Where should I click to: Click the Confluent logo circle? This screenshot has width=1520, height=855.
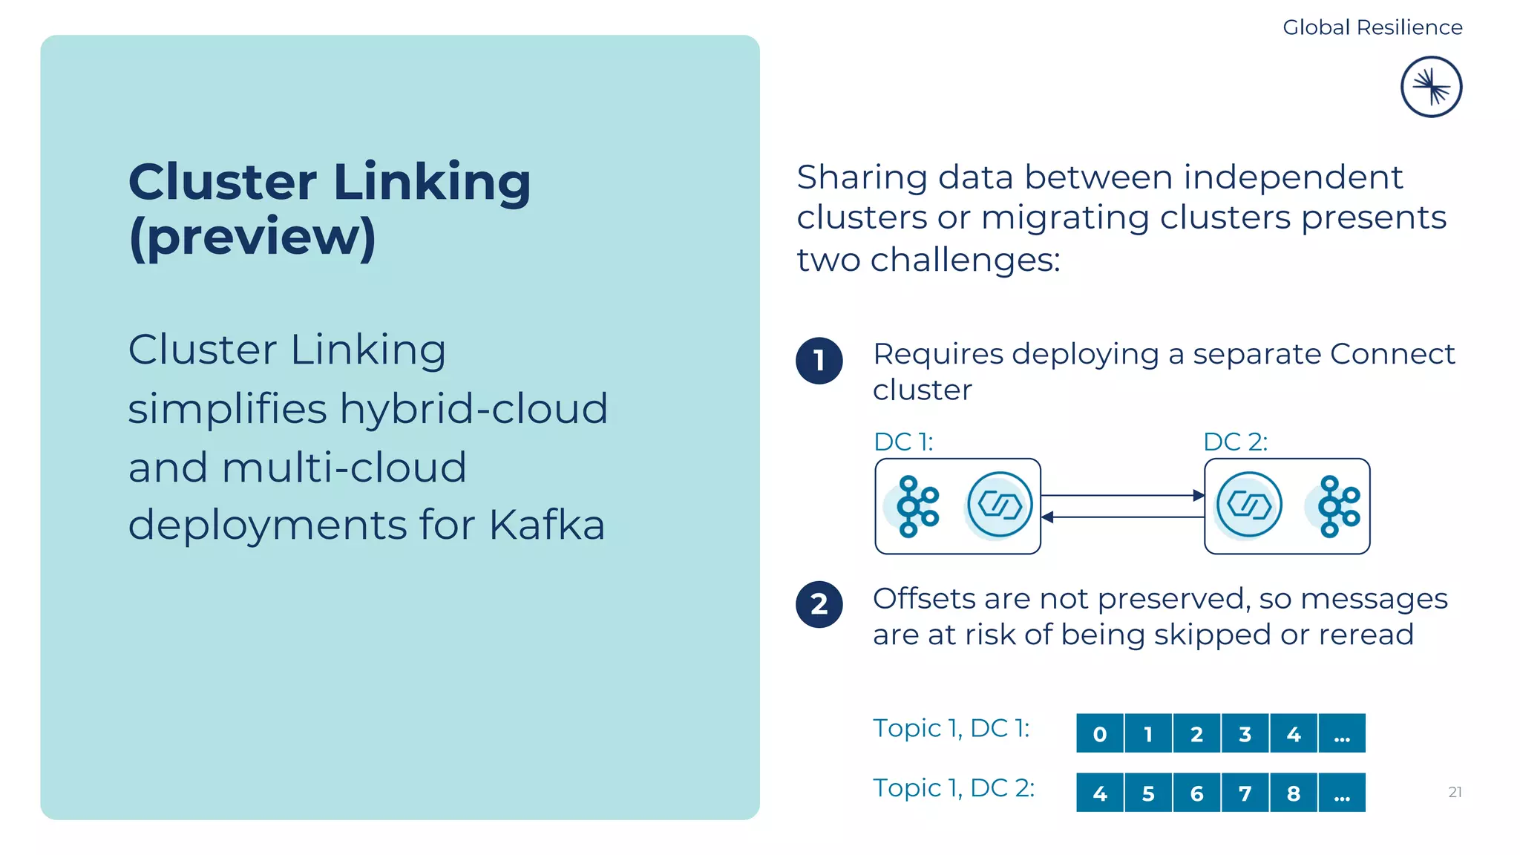click(x=1431, y=87)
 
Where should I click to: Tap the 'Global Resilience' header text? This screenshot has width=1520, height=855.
click(x=1372, y=27)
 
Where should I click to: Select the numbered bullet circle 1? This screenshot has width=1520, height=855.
click(x=819, y=361)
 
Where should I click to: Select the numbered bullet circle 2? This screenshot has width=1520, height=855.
click(x=819, y=604)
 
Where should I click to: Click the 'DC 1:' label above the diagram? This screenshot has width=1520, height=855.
click(x=902, y=442)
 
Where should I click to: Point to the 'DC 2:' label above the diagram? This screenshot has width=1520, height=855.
click(x=1235, y=442)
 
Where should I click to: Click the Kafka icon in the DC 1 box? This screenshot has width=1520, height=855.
click(x=917, y=506)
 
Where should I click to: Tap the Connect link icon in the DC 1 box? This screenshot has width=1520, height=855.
click(x=1000, y=505)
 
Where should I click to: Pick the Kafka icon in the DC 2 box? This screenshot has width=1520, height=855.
click(x=1337, y=506)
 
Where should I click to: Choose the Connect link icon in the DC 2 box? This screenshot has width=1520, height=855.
click(x=1249, y=505)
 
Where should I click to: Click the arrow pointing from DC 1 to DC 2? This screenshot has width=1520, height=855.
click(x=1122, y=495)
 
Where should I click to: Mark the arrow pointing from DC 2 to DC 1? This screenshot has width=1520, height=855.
click(x=1122, y=517)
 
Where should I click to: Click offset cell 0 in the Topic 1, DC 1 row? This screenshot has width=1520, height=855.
click(x=1100, y=734)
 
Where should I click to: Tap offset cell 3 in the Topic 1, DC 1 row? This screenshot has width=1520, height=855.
click(x=1245, y=734)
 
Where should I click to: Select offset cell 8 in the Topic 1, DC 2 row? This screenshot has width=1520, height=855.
click(x=1293, y=793)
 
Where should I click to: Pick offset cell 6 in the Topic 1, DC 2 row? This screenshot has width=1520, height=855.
click(x=1196, y=793)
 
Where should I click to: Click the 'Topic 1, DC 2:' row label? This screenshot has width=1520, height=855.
click(x=953, y=788)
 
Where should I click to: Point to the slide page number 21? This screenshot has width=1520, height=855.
click(x=1455, y=792)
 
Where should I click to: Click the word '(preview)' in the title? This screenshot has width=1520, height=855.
click(x=252, y=237)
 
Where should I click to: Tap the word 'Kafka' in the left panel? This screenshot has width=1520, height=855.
click(x=547, y=525)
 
